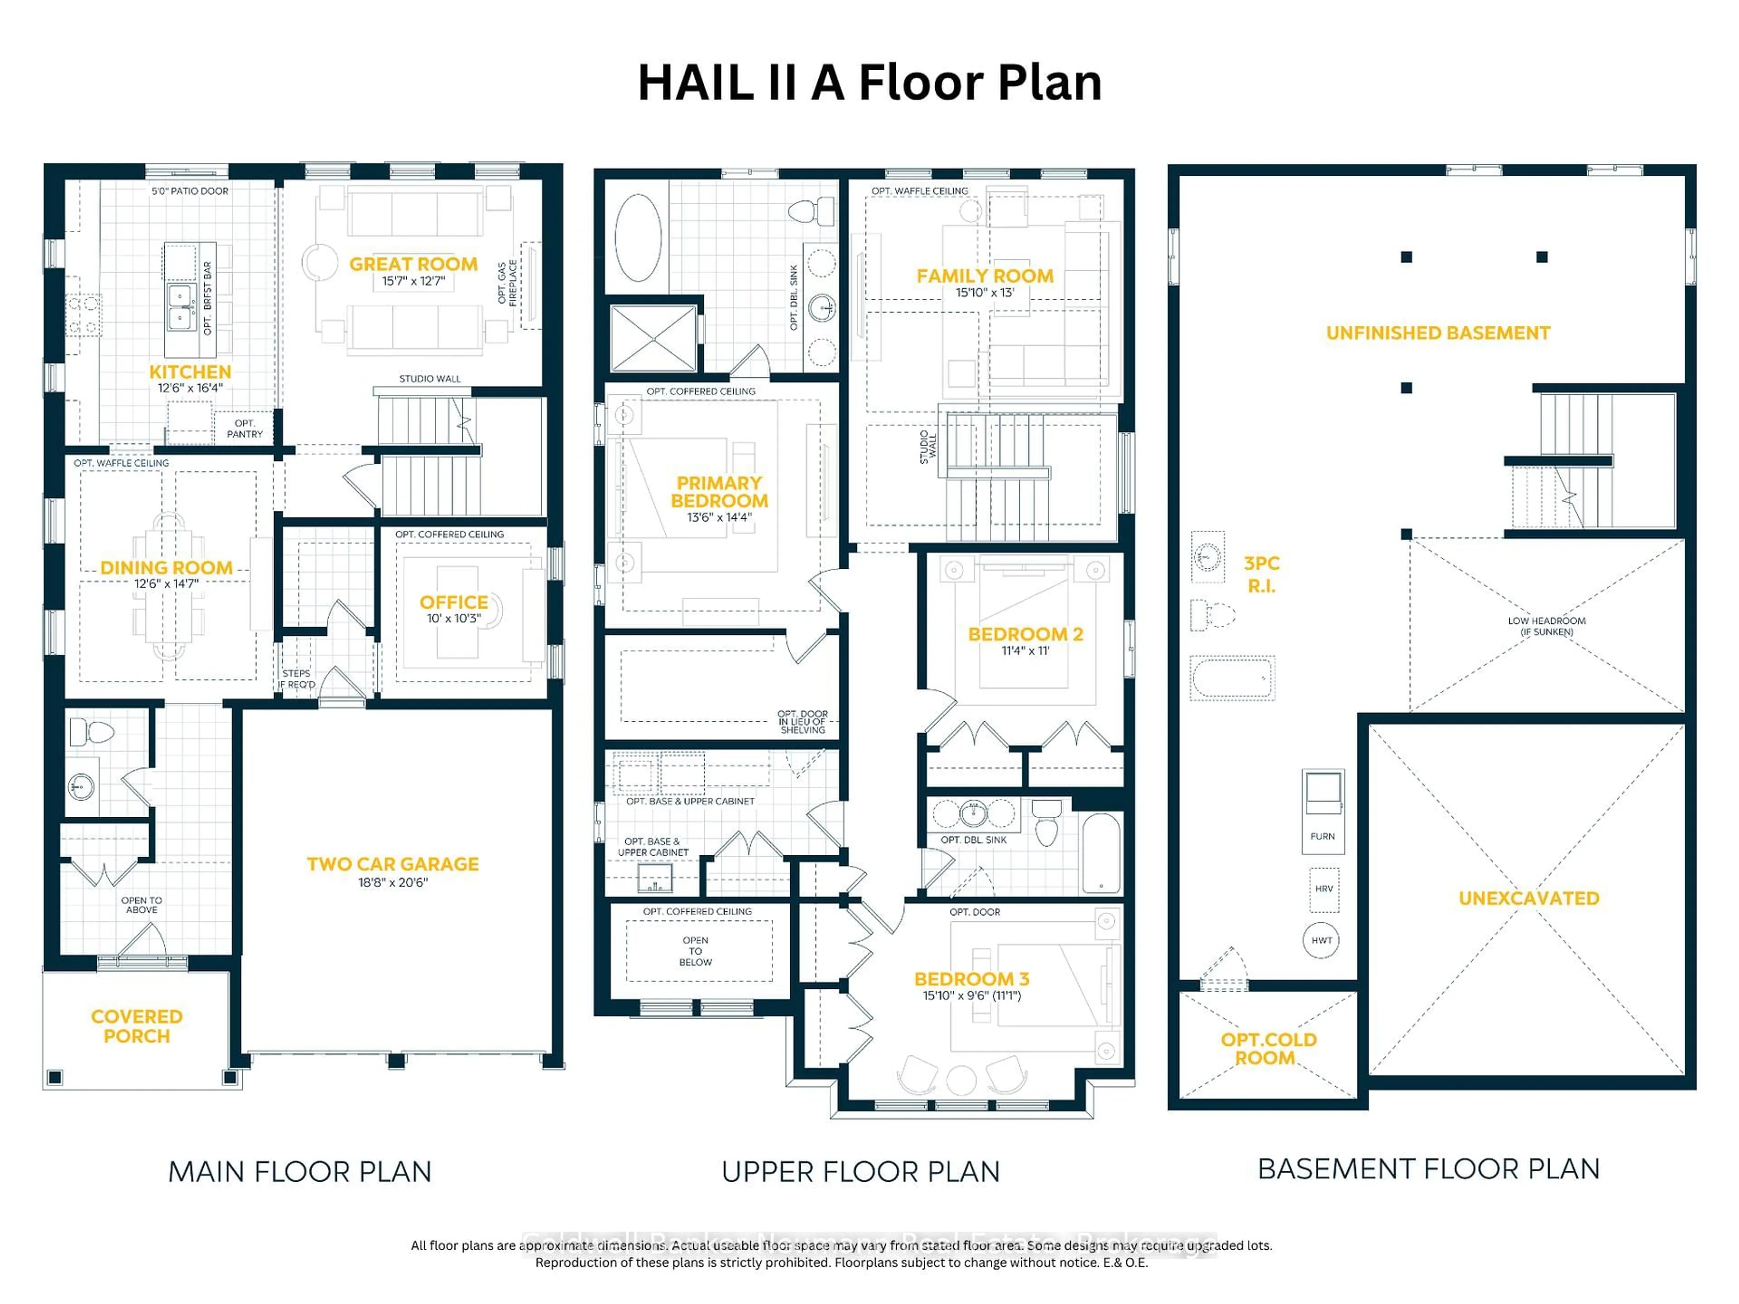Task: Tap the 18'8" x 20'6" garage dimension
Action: point(393,883)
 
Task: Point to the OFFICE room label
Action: point(454,602)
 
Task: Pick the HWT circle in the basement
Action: point(1321,940)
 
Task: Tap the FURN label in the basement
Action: point(1322,836)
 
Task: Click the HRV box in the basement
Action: point(1324,889)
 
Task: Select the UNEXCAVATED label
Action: point(1528,898)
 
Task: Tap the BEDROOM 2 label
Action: point(1025,634)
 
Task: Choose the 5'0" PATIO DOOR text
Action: point(190,191)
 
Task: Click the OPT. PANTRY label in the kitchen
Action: point(245,428)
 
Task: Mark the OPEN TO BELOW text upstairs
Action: point(696,951)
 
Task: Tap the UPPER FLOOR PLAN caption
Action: point(860,1172)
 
